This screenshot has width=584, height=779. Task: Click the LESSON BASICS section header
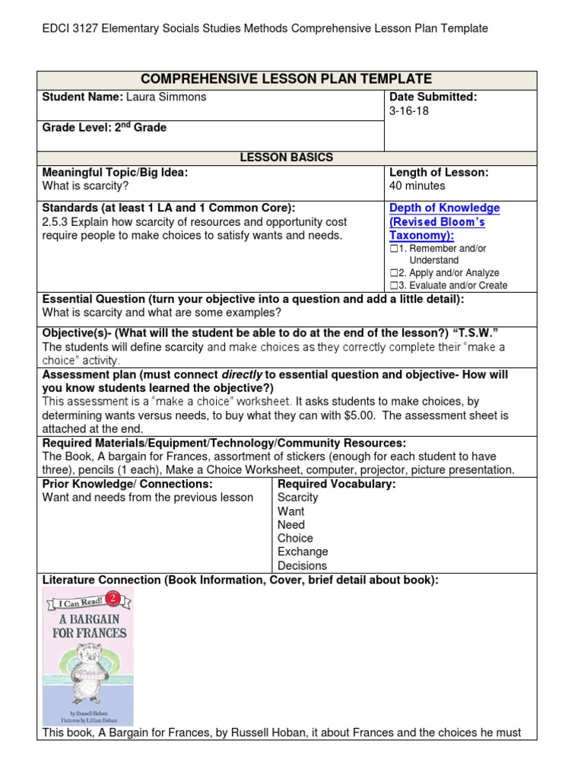coord(287,157)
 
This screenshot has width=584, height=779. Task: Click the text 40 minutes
coord(417,186)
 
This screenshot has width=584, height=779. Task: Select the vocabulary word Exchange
coord(303,552)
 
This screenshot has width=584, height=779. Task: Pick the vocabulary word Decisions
coord(302,565)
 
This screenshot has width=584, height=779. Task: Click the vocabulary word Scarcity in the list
coord(298,498)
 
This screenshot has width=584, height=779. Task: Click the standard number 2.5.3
coord(57,222)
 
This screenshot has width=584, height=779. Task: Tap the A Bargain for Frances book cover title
coord(89,625)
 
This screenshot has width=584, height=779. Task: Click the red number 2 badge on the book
coord(112,596)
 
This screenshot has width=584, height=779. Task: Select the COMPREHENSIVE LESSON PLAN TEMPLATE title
coord(287,79)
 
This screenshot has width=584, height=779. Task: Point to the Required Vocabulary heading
coord(336,484)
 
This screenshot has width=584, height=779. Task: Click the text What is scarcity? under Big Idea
coord(85,186)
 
